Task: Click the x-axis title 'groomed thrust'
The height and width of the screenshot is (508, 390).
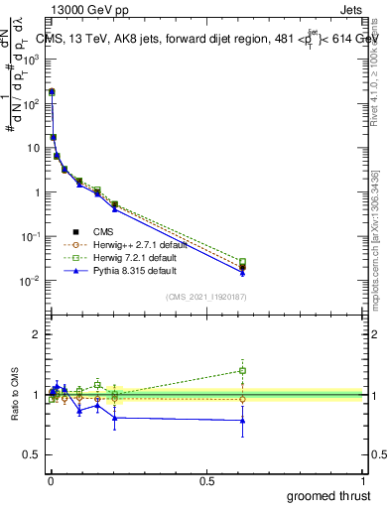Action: [x=330, y=495]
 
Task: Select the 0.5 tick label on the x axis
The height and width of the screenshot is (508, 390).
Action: [x=206, y=479]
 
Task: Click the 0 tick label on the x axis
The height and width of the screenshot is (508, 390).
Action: [x=51, y=479]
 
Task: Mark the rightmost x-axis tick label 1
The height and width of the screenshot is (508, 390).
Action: [x=363, y=479]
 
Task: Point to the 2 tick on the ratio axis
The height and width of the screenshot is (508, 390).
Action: [x=38, y=334]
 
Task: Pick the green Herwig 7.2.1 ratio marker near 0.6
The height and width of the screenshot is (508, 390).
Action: [x=242, y=371]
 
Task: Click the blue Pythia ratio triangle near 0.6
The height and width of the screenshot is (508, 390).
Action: [x=242, y=420]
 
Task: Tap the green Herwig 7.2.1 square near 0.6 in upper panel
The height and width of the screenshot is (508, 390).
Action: [x=242, y=262]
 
